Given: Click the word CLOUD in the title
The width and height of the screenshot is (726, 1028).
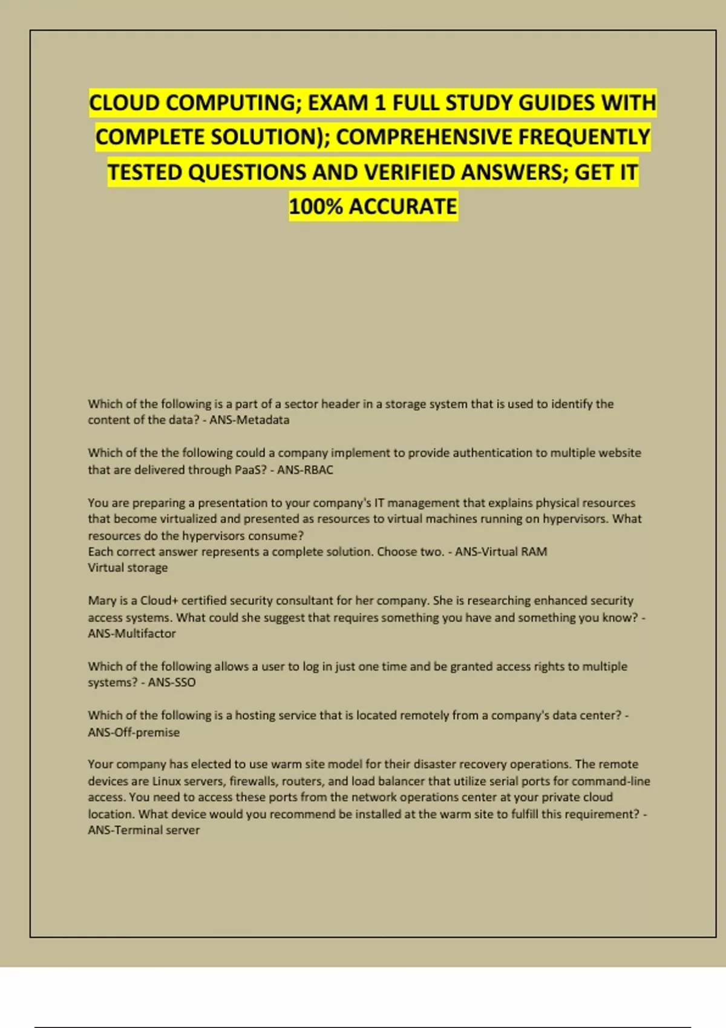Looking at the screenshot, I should pos(125,103).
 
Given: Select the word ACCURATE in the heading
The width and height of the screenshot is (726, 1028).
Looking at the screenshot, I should pos(403,207).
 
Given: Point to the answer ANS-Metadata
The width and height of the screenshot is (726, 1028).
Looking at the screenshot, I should pos(249,420).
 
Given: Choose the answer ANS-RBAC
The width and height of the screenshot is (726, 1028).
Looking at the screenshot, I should pos(305,470).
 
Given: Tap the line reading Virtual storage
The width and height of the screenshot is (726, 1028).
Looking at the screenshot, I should pos(128,568).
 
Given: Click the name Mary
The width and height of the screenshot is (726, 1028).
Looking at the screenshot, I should pos(102,600).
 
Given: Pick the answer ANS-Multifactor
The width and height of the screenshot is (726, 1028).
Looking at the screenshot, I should pos(132,634).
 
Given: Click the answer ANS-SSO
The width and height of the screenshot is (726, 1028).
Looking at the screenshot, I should pos(172,682).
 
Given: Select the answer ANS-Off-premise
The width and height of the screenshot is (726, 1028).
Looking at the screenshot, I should pos(134,732).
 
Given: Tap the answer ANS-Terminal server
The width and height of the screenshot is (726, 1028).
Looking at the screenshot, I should pos(143,830).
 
